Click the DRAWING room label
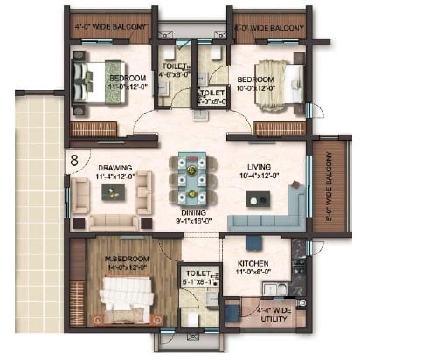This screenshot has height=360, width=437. tap(114, 169)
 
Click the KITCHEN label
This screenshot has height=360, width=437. tap(252, 263)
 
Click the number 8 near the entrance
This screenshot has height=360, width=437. tap(75, 160)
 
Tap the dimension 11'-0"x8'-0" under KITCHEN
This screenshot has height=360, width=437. tap(252, 273)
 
